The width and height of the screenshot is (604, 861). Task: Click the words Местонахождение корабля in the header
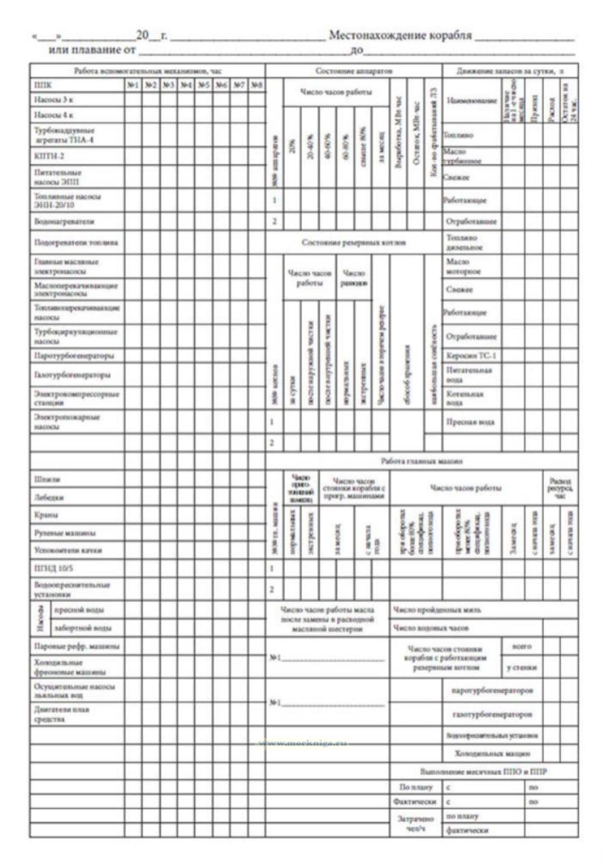tap(400, 35)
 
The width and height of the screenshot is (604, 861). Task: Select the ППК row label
tap(43, 85)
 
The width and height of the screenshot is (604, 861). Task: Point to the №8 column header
tap(257, 85)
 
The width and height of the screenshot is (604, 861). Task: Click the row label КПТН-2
tap(49, 156)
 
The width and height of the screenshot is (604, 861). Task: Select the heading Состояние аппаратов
tap(354, 71)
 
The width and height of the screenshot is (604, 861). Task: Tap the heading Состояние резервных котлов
tap(354, 242)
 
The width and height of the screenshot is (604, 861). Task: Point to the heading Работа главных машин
tap(421, 461)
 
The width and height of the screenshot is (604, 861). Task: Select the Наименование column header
tap(472, 101)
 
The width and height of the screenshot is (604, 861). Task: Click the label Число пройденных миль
tap(437, 610)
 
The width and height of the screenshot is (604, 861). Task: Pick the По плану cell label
tap(416, 787)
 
